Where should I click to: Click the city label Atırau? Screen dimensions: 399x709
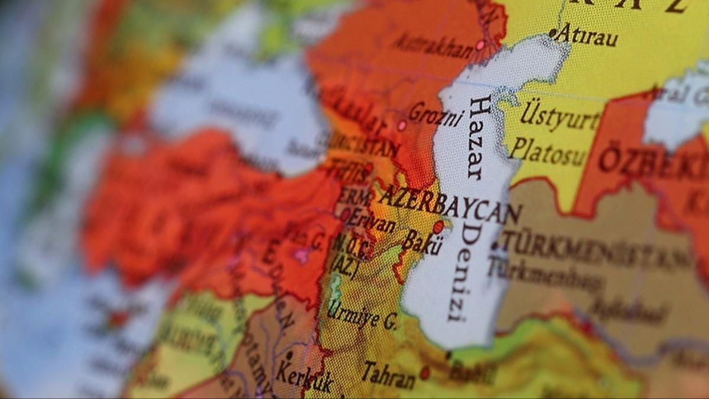(x=587, y=36)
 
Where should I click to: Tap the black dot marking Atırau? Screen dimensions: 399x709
(x=552, y=33)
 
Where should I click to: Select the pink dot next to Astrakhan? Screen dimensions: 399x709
(x=480, y=44)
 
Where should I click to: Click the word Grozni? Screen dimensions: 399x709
(x=436, y=114)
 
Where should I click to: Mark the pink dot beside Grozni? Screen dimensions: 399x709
(x=402, y=125)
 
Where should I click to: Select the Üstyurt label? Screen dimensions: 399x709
(x=560, y=115)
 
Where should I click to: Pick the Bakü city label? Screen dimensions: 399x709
(x=422, y=242)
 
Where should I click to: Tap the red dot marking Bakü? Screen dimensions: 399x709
(x=438, y=227)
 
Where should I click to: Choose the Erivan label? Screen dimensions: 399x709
(x=371, y=222)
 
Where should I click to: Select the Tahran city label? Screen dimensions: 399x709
(x=388, y=374)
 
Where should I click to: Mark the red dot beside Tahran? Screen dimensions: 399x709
(x=424, y=372)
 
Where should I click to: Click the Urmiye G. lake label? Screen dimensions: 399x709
(x=362, y=316)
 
